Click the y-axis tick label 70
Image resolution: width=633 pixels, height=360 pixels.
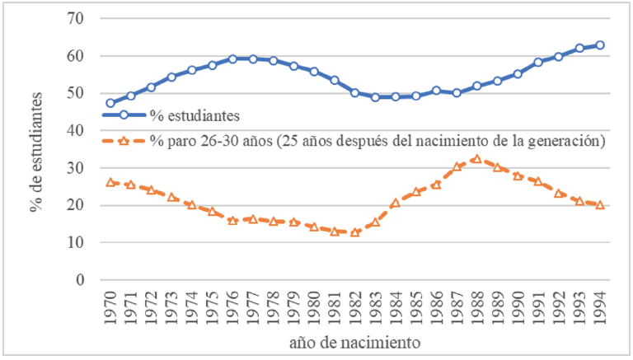tap(79, 18)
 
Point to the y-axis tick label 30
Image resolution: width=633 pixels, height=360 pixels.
tap(79, 168)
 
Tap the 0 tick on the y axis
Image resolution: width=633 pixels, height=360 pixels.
tap(82, 280)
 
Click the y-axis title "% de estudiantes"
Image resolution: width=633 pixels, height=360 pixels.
tap(38, 150)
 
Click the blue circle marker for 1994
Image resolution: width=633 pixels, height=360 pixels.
tap(600, 45)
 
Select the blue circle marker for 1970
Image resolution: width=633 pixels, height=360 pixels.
tap(110, 103)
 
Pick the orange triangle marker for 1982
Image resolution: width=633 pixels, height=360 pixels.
tap(355, 232)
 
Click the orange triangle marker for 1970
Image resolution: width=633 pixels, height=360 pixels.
tap(110, 182)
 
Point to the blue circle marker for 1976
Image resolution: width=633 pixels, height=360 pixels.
tap(232, 59)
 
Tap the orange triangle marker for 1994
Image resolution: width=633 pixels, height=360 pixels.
tap(600, 204)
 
